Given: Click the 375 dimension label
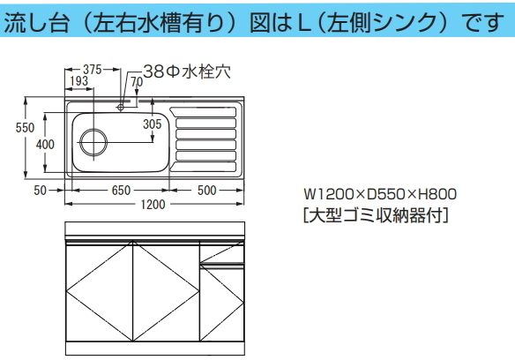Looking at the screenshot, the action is tap(93, 70).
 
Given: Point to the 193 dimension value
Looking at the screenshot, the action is tap(79, 81).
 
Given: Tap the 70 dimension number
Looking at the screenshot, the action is tap(137, 82).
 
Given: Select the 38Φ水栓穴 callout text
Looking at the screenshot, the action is tap(187, 71).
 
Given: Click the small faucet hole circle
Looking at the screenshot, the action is tap(121, 107).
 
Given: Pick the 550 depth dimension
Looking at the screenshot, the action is tap(25, 128).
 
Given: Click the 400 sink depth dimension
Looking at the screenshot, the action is tap(45, 145).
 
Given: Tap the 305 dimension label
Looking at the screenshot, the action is tap(153, 124).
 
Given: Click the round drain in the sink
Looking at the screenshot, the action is tap(93, 142).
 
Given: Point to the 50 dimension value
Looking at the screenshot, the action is tap(40, 191).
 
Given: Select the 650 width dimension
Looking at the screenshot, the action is tap(121, 191).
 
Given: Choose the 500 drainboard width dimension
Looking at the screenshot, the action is tap(206, 191).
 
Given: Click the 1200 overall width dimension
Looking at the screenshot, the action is tap(153, 205).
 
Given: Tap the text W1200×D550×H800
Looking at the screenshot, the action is tap(380, 194).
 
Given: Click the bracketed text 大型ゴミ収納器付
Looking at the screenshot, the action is tap(376, 215).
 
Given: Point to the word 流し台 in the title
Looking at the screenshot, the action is tap(36, 23).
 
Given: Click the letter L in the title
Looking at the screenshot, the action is tap(304, 23).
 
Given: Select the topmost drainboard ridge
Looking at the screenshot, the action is tap(203, 112).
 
